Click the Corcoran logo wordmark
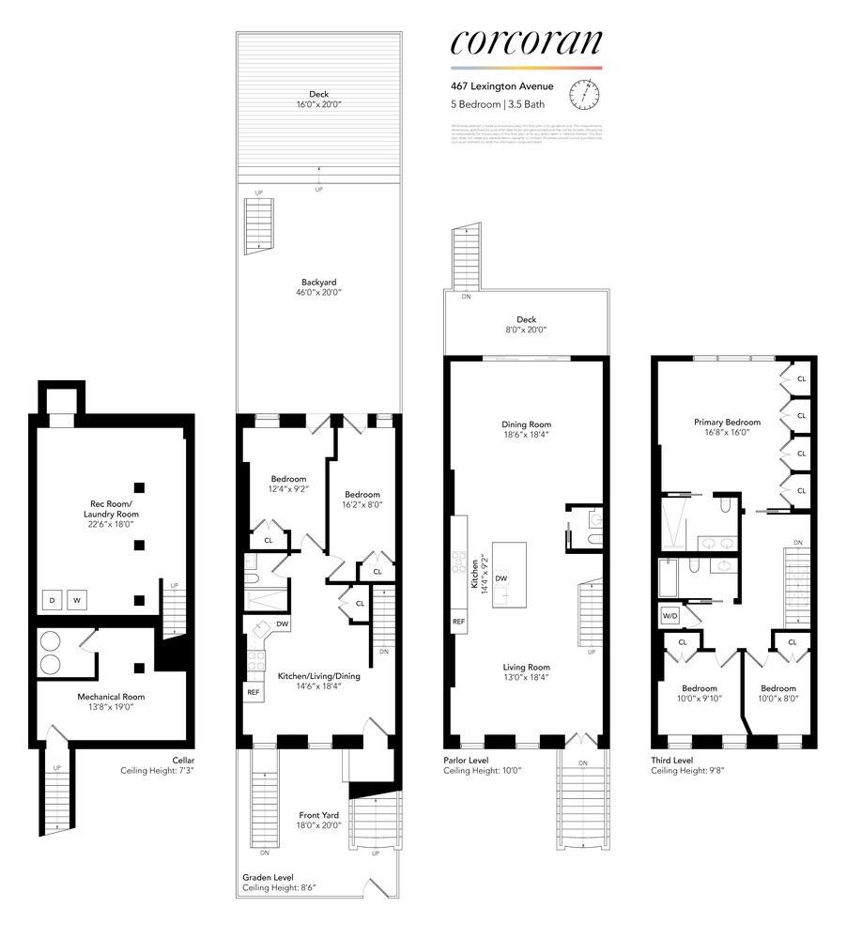(x=526, y=42)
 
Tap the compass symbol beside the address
(x=589, y=92)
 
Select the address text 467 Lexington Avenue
(x=500, y=86)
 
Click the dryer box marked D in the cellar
(x=53, y=600)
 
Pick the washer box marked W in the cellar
(x=80, y=600)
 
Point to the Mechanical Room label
(x=111, y=697)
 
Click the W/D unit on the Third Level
(x=671, y=616)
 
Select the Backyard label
(x=318, y=282)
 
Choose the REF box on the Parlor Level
(x=459, y=622)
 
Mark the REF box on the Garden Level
(x=253, y=692)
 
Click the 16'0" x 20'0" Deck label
(x=318, y=99)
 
